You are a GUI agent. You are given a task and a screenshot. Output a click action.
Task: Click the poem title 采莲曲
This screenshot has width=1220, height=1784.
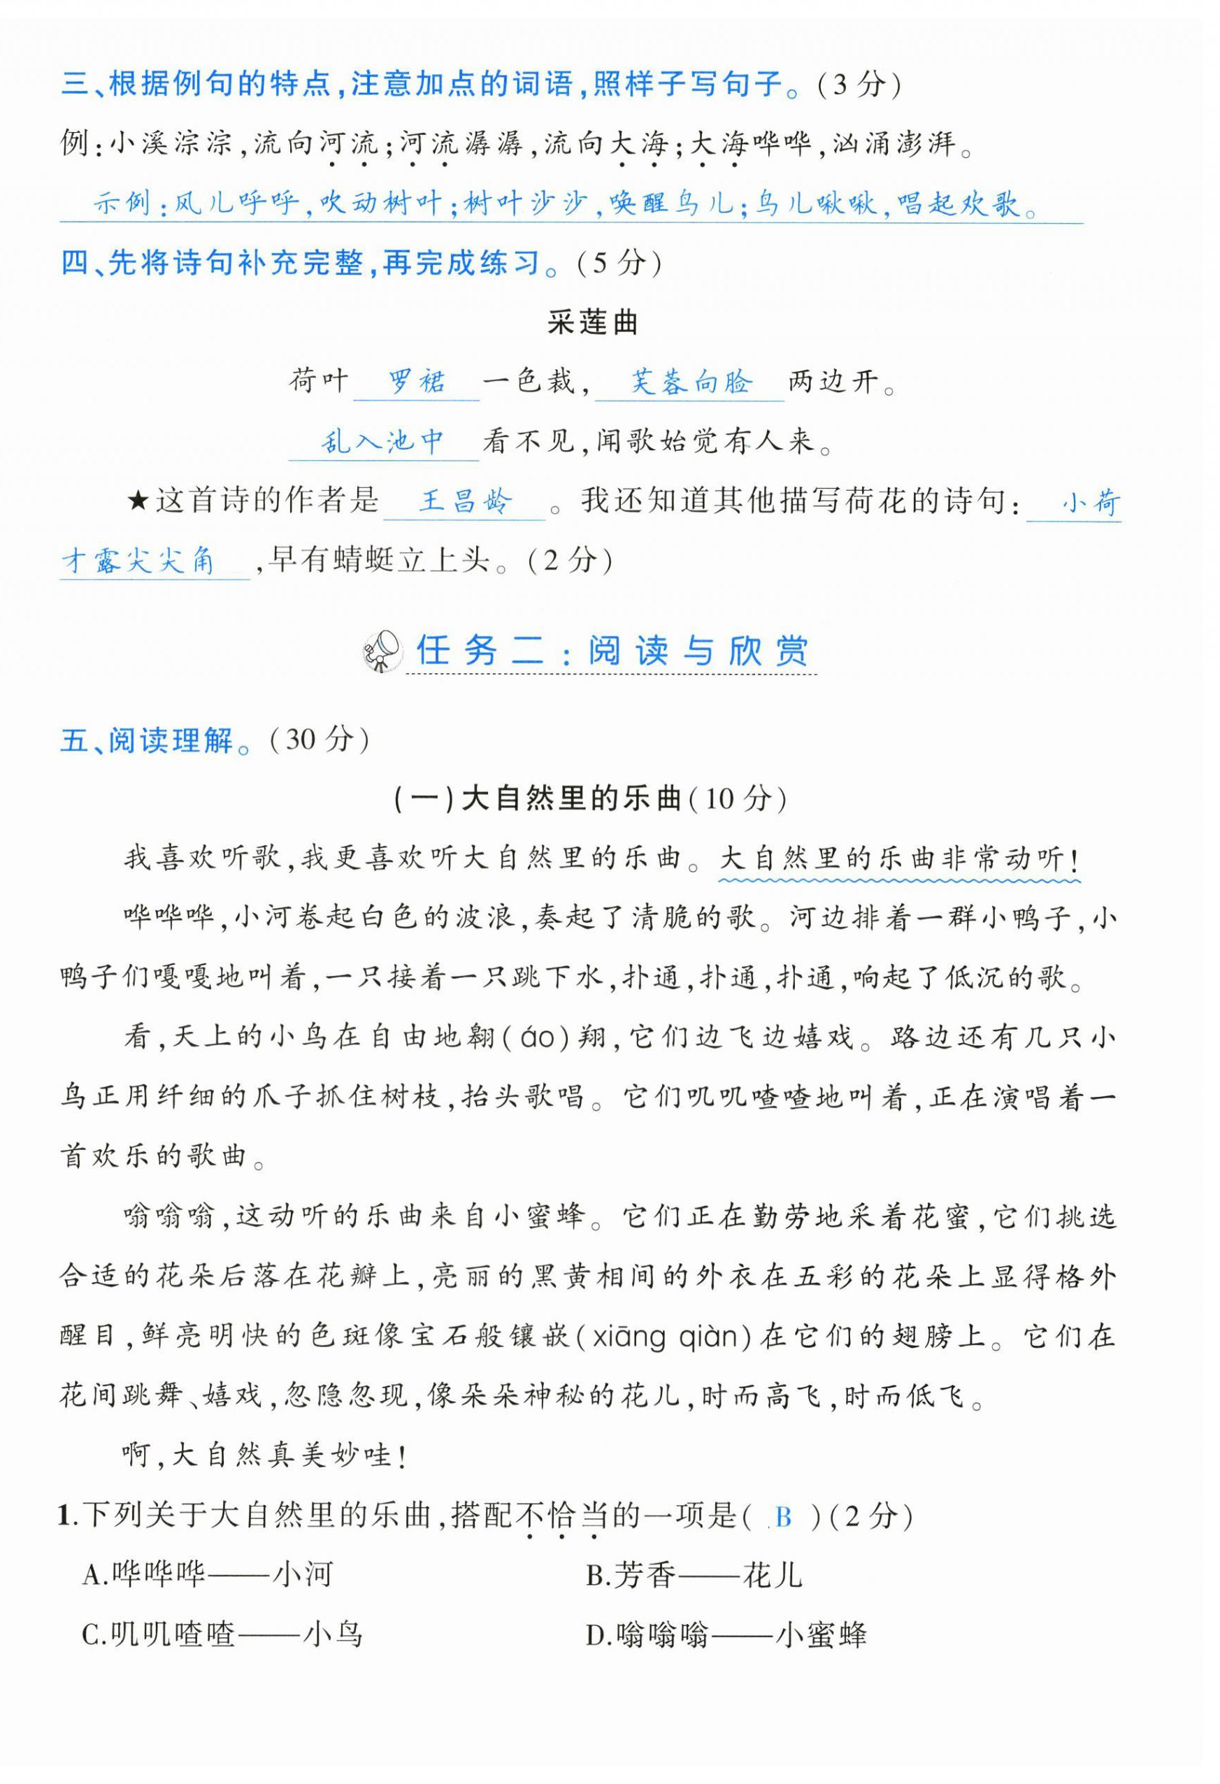point(592,322)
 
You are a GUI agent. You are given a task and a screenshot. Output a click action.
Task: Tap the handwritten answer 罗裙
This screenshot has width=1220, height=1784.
point(416,382)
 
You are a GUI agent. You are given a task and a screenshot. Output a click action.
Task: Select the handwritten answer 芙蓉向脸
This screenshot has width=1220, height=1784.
point(690,382)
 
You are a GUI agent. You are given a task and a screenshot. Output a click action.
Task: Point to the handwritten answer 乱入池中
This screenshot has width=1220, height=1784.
point(382,441)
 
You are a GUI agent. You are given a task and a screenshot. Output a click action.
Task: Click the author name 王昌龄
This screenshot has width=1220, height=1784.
point(464,501)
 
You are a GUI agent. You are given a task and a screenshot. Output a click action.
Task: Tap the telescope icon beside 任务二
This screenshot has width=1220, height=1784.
point(382,651)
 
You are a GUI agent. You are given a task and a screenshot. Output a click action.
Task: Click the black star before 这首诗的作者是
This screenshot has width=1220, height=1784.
point(138,502)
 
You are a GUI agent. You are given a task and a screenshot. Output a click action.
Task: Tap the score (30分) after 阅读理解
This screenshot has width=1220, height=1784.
point(320,739)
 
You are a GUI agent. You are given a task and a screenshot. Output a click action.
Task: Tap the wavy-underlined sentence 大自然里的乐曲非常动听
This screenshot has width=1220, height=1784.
point(898,859)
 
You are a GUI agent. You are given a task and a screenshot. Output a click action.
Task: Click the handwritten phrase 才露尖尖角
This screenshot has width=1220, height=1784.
point(138,562)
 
